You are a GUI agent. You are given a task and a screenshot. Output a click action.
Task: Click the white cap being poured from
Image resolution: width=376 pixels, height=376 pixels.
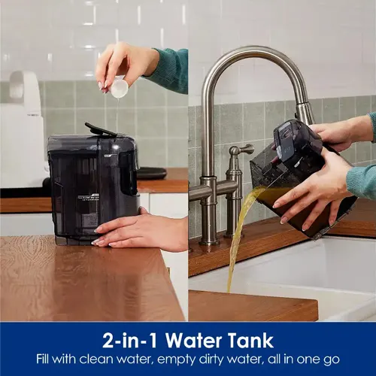click(x=120, y=87)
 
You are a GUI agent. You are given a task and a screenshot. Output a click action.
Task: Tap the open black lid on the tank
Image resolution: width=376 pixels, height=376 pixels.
click(x=101, y=129)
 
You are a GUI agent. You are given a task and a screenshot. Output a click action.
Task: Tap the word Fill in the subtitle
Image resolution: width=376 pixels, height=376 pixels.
click(x=43, y=359)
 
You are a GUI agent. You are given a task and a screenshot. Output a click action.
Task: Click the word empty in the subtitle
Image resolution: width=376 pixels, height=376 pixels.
click(x=171, y=359)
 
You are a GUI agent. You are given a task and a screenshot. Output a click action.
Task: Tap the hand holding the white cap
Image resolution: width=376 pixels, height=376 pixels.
click(x=126, y=66)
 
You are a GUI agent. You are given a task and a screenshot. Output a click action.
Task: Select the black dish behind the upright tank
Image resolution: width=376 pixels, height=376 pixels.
click(x=151, y=173)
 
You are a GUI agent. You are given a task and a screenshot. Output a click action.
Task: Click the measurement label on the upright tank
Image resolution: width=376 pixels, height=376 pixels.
click(x=89, y=198)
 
